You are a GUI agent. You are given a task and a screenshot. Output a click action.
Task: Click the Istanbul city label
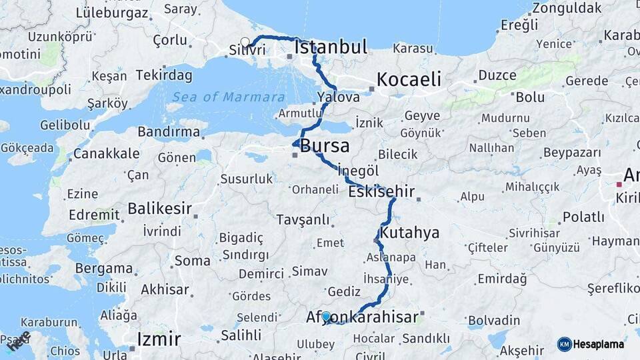coord(331,47)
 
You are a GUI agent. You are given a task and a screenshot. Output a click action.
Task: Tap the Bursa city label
coord(325,146)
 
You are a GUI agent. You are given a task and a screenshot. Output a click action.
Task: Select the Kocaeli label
coord(409,80)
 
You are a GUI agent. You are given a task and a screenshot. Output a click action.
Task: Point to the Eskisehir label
coord(381,193)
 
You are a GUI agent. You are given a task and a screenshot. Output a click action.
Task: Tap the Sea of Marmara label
coord(229,97)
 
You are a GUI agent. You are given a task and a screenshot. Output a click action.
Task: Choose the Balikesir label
coord(159,209)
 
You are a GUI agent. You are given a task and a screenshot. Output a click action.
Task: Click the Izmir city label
coord(159,339)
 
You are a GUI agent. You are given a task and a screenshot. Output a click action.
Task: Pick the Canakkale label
coord(107,154)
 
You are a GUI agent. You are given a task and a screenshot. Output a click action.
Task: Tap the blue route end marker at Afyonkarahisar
coord(326,317)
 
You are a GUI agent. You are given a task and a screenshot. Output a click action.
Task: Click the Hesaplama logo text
coord(599,344)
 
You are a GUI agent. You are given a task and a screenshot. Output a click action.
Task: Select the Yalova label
coord(339,97)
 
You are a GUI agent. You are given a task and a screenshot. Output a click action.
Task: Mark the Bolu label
coord(530,97)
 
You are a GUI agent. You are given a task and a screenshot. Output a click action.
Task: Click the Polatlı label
coord(583,217)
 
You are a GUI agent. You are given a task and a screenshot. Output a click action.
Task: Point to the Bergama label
coord(103,269)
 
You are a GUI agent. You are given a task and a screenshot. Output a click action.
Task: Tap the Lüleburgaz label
coord(112,12)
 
